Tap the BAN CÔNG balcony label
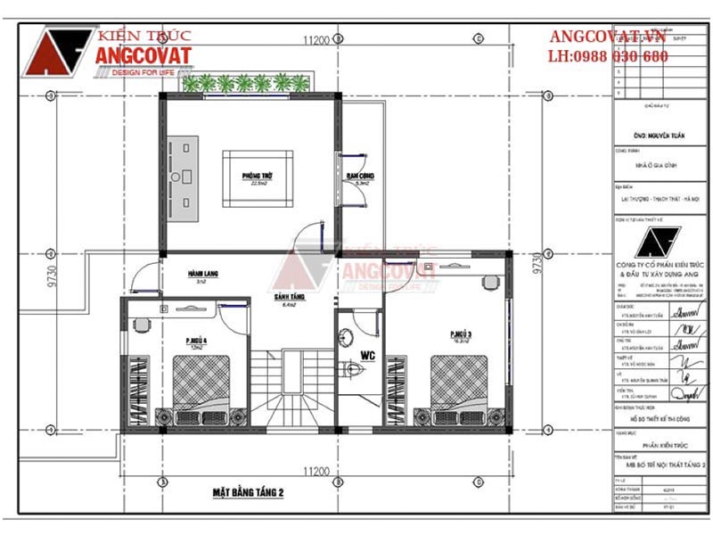pos(360,177)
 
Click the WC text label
pos(365,356)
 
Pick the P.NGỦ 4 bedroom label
pos(197,341)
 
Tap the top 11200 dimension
pos(316,40)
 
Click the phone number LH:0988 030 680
pos(609,56)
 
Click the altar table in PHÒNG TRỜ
pos(187,176)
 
